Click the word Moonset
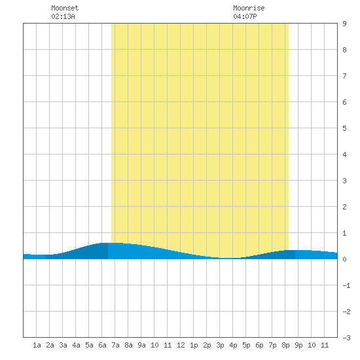pyautogui.click(x=65, y=8)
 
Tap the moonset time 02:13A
pyautogui.click(x=63, y=16)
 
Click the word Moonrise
pyautogui.click(x=249, y=8)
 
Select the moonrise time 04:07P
pyautogui.click(x=245, y=16)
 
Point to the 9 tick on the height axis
pyautogui.click(x=344, y=24)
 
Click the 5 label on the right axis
pyautogui.click(x=344, y=128)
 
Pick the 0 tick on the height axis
pyautogui.click(x=344, y=259)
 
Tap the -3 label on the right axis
pyautogui.click(x=346, y=338)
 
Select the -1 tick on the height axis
pyautogui.click(x=346, y=285)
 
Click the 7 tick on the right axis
pyautogui.click(x=344, y=76)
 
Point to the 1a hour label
pyautogui.click(x=37, y=345)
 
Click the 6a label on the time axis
pyautogui.click(x=102, y=345)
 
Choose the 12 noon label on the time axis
pyautogui.click(x=181, y=345)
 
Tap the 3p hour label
pyautogui.click(x=220, y=345)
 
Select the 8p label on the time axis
pyautogui.click(x=285, y=345)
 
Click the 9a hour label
pyautogui.click(x=141, y=345)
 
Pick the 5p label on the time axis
pyautogui.click(x=246, y=345)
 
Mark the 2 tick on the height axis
pyautogui.click(x=344, y=207)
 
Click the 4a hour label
pyautogui.click(x=76, y=345)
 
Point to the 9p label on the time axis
pyautogui.click(x=298, y=345)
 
